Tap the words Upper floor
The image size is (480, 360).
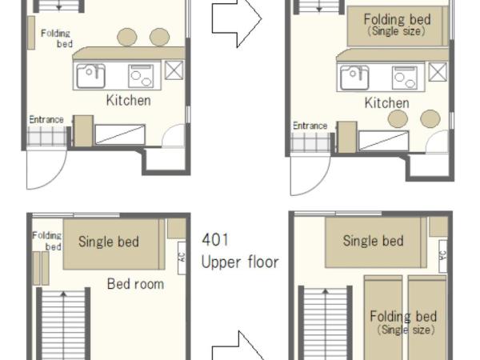(x=239, y=262)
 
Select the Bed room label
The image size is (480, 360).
(x=135, y=284)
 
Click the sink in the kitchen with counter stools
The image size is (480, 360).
(x=90, y=77)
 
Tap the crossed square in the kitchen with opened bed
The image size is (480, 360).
(x=438, y=74)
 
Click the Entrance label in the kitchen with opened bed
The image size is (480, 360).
(x=310, y=126)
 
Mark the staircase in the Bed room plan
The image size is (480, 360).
(x=63, y=324)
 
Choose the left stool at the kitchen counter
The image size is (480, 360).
(x=126, y=37)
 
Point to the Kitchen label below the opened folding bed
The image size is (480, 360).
(x=387, y=103)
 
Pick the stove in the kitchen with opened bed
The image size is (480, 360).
(x=404, y=77)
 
